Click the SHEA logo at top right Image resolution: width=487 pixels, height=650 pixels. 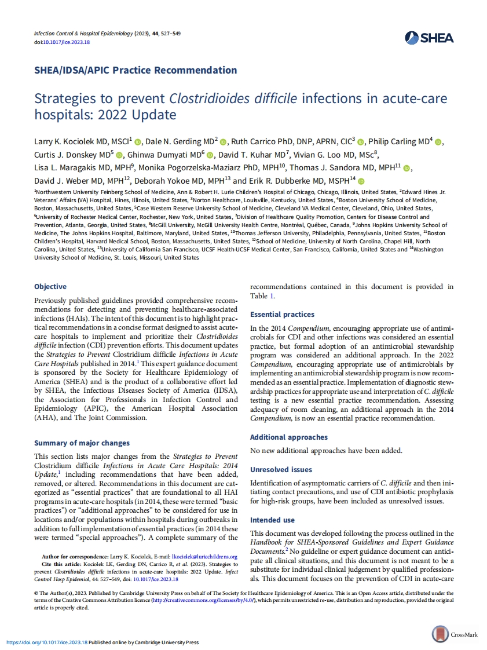pos(430,38)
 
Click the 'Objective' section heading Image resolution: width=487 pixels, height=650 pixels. pos(50,287)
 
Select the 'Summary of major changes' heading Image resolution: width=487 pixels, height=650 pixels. pos(82,443)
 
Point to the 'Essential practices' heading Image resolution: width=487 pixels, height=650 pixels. pos(283,315)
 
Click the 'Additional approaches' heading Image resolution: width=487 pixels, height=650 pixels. pos(289,437)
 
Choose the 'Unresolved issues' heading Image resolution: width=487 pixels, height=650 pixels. pos(281,470)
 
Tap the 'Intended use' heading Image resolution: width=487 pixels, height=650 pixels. pos(272,520)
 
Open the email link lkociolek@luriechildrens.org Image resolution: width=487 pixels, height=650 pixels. pos(208,557)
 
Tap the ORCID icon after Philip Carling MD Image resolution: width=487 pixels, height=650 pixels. pos(438,142)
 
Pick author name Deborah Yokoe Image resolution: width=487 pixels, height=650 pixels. pos(161,181)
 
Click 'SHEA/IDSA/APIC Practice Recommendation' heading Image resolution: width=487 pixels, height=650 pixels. pos(136,70)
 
